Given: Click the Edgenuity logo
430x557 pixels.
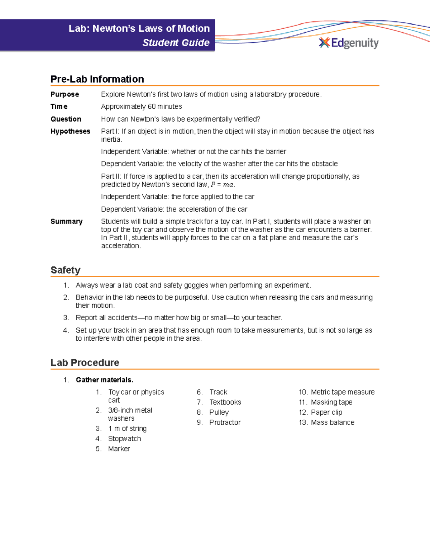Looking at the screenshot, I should [349, 43].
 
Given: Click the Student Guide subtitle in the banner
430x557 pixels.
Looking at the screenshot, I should [176, 43].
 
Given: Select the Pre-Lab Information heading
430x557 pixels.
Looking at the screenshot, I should [97, 79].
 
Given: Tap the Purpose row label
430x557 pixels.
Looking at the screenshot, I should [65, 94].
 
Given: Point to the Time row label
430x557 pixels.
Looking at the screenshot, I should [59, 107].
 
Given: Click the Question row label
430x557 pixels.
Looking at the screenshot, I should [66, 119].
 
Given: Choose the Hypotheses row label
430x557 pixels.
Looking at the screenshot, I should [70, 131].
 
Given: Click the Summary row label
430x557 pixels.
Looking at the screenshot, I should [67, 221].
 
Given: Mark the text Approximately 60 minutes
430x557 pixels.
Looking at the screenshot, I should [142, 107].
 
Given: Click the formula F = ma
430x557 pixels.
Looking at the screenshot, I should [222, 185].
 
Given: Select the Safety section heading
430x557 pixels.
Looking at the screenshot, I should [66, 270].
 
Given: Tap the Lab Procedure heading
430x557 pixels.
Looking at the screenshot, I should [85, 363].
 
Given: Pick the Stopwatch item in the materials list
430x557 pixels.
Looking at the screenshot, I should [124, 439].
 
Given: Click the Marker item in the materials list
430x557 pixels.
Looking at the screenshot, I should [119, 449].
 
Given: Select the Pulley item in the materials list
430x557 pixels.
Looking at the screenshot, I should [219, 412].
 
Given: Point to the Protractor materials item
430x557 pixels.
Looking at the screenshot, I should [225, 423].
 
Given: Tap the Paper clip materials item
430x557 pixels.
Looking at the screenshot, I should [326, 412].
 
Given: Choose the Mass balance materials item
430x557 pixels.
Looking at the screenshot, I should [333, 423].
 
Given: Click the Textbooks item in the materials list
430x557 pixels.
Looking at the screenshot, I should [225, 402].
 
